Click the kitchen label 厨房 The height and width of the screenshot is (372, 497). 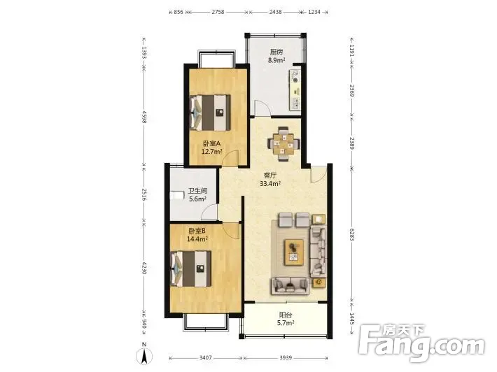(x=276, y=52)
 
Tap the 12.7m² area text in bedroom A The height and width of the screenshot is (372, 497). (x=211, y=152)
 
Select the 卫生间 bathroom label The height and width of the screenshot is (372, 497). (x=198, y=191)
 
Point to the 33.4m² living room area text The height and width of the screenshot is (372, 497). (x=270, y=184)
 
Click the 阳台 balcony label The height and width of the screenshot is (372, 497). (x=286, y=315)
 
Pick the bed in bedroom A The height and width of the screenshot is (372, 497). (x=210, y=113)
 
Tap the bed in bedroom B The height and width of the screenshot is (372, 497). (x=191, y=269)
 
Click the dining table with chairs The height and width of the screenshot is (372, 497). (x=283, y=144)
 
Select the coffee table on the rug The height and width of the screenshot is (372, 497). (x=294, y=252)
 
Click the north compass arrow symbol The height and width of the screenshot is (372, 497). (x=144, y=355)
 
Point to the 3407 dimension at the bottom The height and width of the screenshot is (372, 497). (x=205, y=358)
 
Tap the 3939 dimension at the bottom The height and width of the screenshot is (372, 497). (x=286, y=358)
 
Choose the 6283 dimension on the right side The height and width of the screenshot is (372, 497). (x=352, y=234)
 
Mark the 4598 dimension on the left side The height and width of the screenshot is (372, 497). (x=144, y=117)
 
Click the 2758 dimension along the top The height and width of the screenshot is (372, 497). (x=218, y=12)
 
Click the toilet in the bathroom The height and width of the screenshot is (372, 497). (x=177, y=195)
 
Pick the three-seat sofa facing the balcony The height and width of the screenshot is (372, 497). (x=290, y=286)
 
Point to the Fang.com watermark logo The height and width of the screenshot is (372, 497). (x=421, y=343)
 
